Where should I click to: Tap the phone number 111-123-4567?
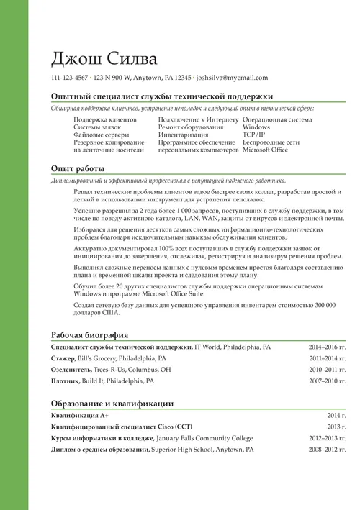(70, 78)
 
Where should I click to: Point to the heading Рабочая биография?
(90, 335)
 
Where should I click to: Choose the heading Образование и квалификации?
(112, 404)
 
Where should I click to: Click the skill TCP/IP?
(254, 135)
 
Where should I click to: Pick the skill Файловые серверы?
(102, 135)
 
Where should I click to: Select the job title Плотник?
(66, 381)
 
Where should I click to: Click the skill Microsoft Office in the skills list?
(266, 151)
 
